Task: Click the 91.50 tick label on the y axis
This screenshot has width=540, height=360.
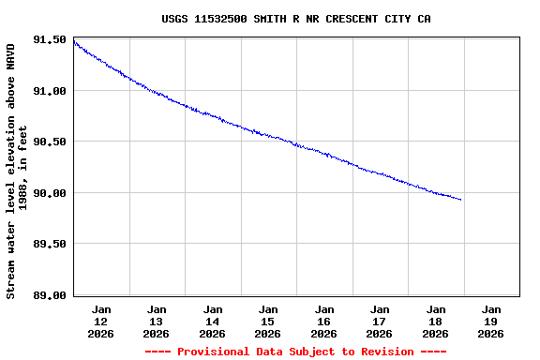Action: coord(49,40)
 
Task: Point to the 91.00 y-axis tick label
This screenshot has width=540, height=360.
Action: coord(49,91)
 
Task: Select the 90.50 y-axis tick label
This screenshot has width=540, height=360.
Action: coord(49,142)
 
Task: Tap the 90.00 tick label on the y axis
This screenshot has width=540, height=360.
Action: coord(49,193)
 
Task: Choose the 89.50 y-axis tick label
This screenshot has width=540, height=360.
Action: coord(49,244)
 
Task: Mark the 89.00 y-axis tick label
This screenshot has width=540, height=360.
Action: coord(49,295)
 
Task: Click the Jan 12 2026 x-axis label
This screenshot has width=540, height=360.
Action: coord(101,321)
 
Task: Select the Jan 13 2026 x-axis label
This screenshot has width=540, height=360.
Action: coord(157,321)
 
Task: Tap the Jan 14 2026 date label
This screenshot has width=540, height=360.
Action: coord(213,321)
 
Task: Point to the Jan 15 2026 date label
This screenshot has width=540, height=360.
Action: coord(268,321)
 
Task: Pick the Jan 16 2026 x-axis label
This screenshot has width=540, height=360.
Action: coord(324,321)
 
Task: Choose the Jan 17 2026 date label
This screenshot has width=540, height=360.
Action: coord(380,321)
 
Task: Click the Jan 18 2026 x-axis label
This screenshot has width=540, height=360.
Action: coord(436,321)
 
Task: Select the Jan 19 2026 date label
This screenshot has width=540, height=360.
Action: coord(491,321)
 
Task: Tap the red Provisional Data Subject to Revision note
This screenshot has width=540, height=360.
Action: coord(295,352)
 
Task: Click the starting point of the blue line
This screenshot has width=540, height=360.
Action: coord(74,41)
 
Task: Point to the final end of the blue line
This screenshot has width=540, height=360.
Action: coord(461,200)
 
